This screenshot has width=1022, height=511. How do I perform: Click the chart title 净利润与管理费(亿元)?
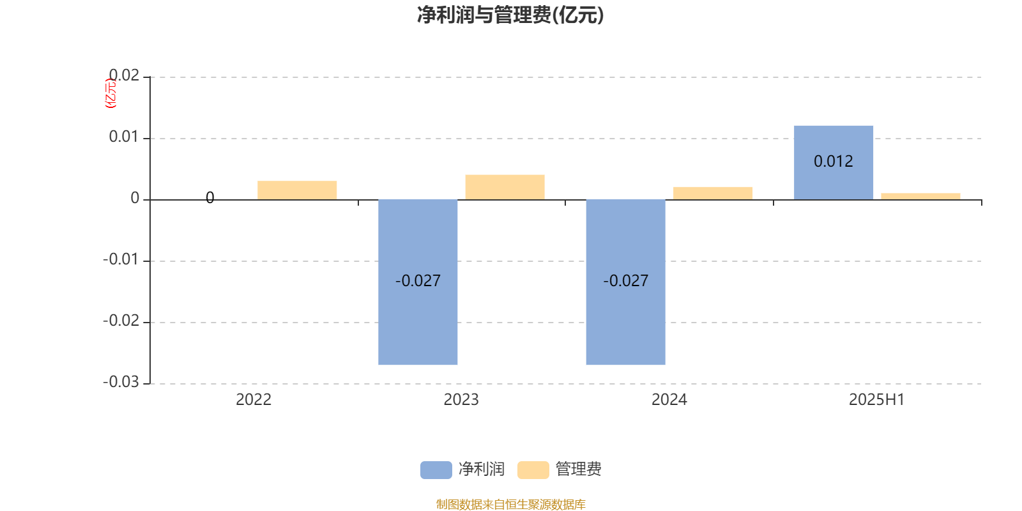pyautogui.click(x=510, y=15)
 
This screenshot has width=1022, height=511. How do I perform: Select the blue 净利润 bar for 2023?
pyautogui.click(x=418, y=282)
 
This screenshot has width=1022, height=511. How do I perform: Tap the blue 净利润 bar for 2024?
pyautogui.click(x=625, y=282)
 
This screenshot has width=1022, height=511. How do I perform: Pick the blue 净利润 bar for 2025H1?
pyautogui.click(x=834, y=163)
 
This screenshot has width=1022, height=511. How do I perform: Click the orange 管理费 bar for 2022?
pyautogui.click(x=297, y=190)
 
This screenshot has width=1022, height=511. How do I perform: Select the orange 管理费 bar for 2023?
pyautogui.click(x=505, y=187)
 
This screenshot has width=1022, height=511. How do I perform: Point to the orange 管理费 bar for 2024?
pyautogui.click(x=713, y=194)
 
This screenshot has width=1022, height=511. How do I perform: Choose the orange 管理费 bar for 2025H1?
pyautogui.click(x=920, y=197)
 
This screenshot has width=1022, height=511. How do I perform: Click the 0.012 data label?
pyautogui.click(x=834, y=161)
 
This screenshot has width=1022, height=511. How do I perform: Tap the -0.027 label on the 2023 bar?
pyautogui.click(x=418, y=280)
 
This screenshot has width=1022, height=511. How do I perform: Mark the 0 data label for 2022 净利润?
pyautogui.click(x=210, y=197)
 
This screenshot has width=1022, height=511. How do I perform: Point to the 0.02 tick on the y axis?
pyautogui.click(x=124, y=75)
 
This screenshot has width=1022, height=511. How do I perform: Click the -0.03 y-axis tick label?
pyautogui.click(x=121, y=382)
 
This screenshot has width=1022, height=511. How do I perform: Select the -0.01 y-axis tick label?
pyautogui.click(x=121, y=259)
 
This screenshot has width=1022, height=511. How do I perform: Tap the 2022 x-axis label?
pyautogui.click(x=254, y=400)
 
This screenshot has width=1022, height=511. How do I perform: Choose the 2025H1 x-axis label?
pyautogui.click(x=877, y=400)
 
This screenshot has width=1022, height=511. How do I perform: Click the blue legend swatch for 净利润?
pyautogui.click(x=436, y=470)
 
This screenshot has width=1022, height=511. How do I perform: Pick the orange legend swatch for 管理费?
pyautogui.click(x=533, y=470)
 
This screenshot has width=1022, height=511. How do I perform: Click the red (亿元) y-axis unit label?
pyautogui.click(x=111, y=93)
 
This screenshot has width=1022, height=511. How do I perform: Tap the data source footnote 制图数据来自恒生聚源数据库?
pyautogui.click(x=510, y=504)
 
